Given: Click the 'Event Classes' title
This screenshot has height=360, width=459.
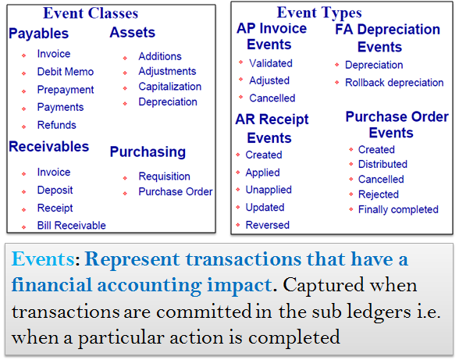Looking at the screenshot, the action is [x=91, y=13].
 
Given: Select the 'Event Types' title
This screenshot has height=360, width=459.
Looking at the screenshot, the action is [x=319, y=13].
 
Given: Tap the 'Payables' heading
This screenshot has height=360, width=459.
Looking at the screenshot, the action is [x=39, y=34].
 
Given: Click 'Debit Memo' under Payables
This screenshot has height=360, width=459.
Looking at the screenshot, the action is [x=66, y=72].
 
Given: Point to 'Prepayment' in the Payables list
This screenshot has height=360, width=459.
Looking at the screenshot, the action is [x=66, y=90].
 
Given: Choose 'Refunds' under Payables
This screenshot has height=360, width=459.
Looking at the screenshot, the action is [x=57, y=125].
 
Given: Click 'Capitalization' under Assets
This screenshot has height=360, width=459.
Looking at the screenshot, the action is [x=170, y=87].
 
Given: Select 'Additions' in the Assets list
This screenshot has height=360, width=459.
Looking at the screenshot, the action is [x=160, y=56].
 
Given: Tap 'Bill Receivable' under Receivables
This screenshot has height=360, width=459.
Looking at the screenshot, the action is [x=72, y=226].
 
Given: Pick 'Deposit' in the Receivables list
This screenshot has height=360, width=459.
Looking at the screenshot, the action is [x=55, y=191].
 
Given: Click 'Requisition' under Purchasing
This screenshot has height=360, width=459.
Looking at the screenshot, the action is [x=165, y=176].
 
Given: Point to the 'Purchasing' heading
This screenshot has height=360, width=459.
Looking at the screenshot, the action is [x=148, y=152].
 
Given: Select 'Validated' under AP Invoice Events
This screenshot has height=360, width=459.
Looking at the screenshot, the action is [x=271, y=63].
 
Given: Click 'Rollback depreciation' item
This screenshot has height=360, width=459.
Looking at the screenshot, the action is [x=394, y=83].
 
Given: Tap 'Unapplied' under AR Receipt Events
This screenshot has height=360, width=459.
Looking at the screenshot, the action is [x=269, y=190].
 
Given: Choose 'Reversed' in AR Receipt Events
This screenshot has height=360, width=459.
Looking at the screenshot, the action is [x=268, y=225].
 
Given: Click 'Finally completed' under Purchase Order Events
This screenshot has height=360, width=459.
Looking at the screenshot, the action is [x=398, y=209].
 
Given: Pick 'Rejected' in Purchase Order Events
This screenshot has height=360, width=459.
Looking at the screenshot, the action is [x=379, y=194].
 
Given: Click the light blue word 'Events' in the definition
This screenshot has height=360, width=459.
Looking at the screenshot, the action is [x=43, y=259].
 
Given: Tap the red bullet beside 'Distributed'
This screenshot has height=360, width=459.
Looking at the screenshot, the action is [x=351, y=164].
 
